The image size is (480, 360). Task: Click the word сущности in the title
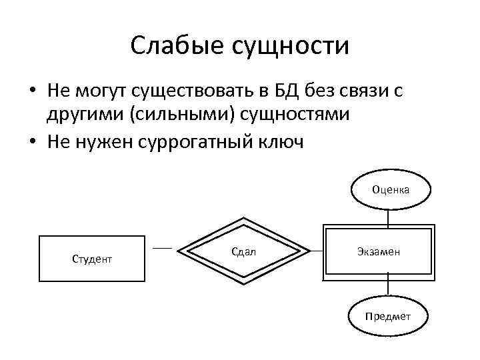coord(289,47)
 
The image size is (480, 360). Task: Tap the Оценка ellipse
coord(391,189)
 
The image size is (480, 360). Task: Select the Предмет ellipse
coord(387,316)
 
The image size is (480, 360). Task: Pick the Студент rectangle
coord(92,258)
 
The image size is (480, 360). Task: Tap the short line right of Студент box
coord(162,248)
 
